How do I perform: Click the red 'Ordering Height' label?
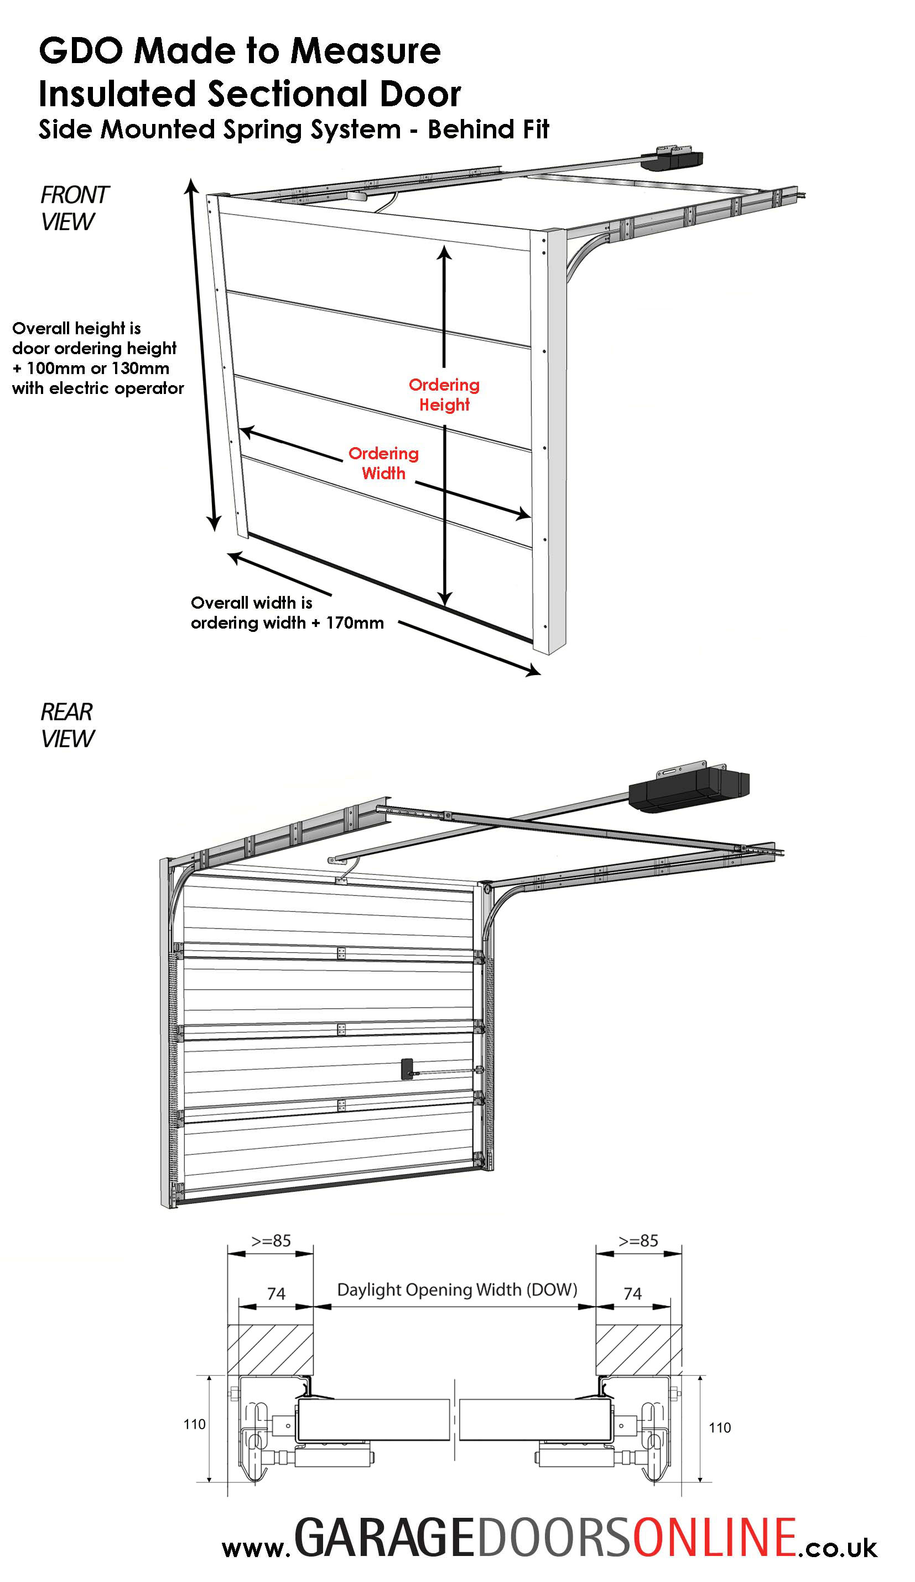click(444, 394)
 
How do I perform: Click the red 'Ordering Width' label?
click(383, 463)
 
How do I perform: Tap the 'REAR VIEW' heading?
click(66, 724)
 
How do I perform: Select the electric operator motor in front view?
click(672, 158)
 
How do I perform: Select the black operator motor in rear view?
click(688, 788)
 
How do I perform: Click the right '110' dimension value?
click(719, 1428)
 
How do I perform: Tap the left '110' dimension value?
click(195, 1424)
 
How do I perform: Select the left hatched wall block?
click(270, 1349)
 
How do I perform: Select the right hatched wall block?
click(638, 1349)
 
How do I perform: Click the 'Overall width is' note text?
click(251, 603)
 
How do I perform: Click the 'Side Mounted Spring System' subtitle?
click(220, 129)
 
